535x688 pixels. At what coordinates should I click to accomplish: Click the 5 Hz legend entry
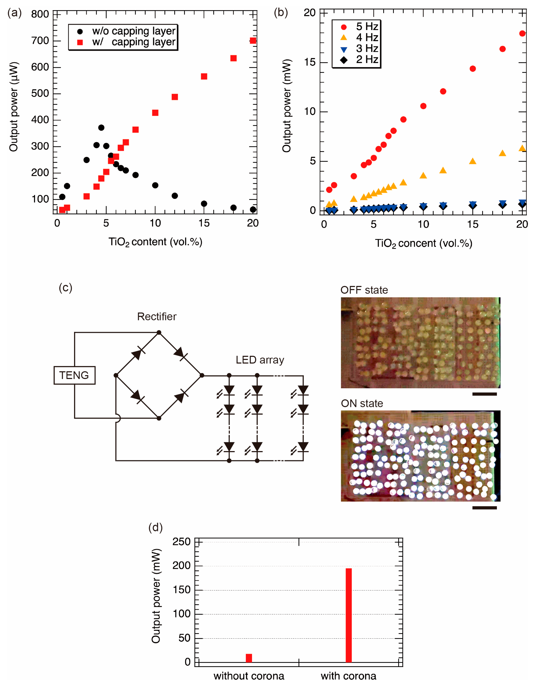point(361,27)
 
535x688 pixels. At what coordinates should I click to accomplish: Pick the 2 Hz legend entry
point(361,60)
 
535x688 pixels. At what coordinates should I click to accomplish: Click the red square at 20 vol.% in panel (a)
point(253,41)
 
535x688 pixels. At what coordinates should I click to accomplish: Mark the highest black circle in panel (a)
point(101,128)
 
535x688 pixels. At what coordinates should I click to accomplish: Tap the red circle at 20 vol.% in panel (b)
point(522,33)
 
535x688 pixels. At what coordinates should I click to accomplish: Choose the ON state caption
point(362,404)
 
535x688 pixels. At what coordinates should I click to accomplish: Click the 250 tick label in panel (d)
point(181,542)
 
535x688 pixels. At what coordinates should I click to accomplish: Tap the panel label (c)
point(66,288)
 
